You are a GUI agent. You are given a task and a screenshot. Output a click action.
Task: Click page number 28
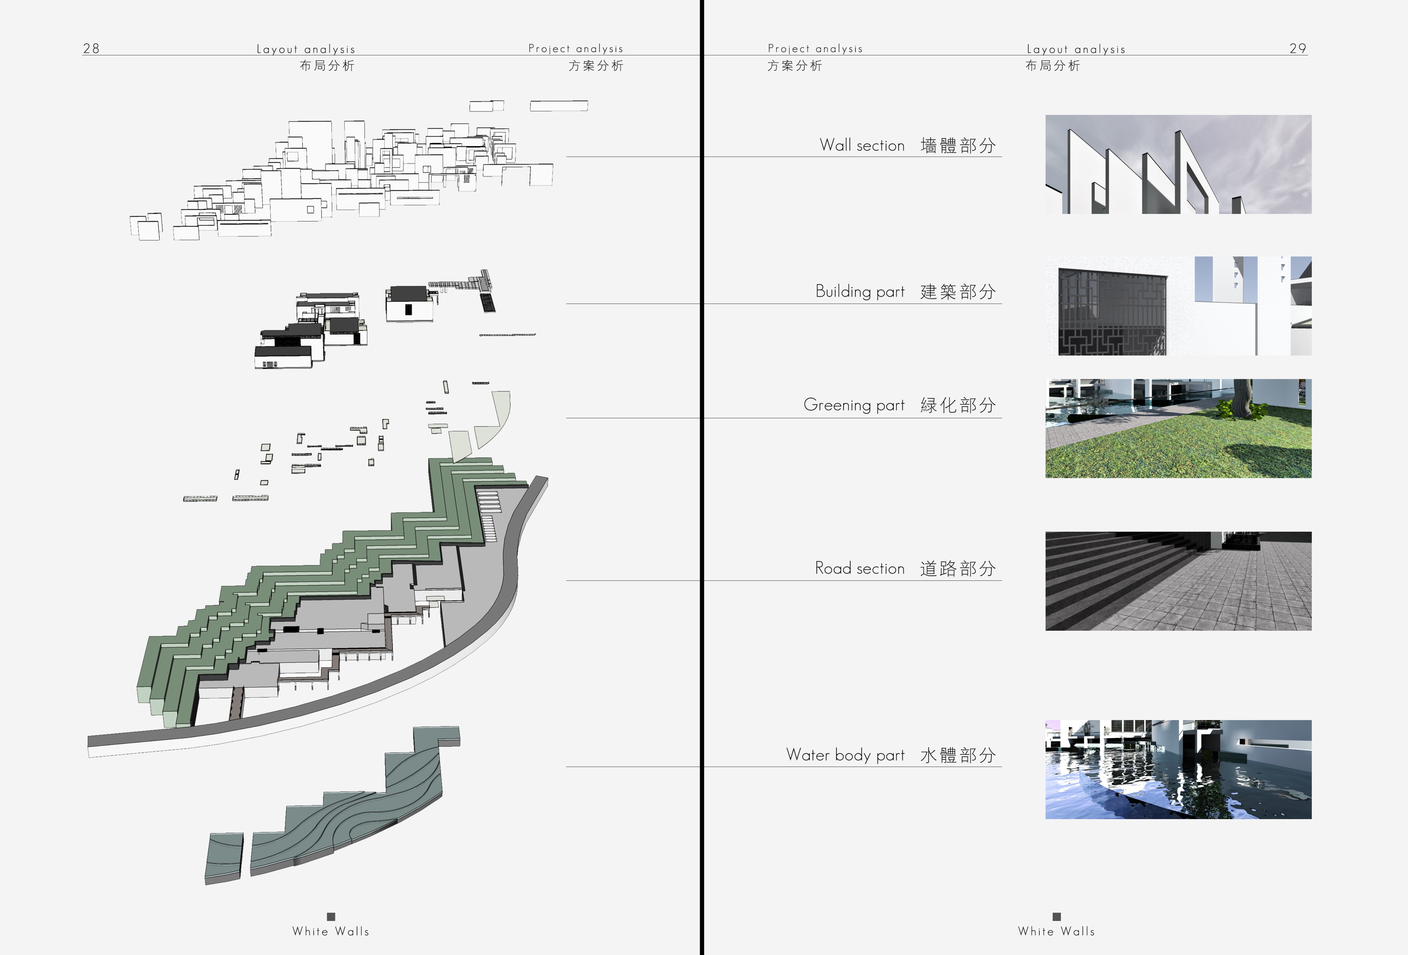pos(91,49)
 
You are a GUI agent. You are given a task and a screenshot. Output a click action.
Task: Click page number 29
pos(1297,49)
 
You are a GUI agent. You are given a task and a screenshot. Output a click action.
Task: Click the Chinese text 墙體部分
pos(957,145)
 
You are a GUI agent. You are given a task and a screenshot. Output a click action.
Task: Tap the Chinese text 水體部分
pos(957,755)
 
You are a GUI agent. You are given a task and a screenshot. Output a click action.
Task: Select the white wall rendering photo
pos(1178,164)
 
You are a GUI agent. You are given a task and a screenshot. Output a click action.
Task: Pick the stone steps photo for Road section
pos(1178,581)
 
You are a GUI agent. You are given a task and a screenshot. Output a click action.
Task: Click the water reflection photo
pos(1178,769)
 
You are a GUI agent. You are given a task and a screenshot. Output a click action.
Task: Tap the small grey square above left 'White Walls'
pos(331,916)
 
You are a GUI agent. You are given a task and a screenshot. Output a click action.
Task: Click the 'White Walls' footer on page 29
pos(1056,931)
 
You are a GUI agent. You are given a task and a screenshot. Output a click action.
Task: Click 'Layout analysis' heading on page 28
pos(306,49)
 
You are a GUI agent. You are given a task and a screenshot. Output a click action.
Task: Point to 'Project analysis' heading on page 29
pos(815,49)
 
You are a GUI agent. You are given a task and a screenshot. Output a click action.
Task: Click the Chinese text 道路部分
pos(957,569)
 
